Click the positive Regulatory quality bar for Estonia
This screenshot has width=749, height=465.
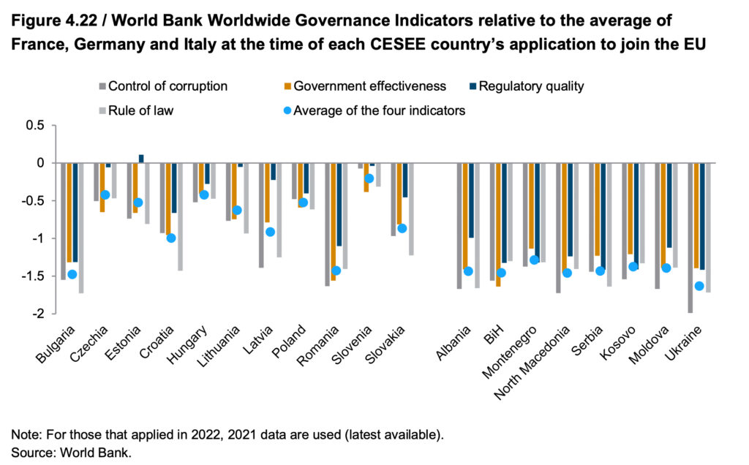(141, 159)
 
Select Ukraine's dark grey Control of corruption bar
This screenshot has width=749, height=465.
(690, 238)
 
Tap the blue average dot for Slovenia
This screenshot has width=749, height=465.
(369, 178)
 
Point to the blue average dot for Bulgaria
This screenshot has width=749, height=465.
(72, 274)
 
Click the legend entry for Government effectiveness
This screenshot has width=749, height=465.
(369, 86)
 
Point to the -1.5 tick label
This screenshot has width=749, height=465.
(33, 276)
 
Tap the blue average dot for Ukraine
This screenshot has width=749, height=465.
(699, 286)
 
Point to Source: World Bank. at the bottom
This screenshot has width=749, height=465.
(70, 452)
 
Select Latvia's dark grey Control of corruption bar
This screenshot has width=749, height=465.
(262, 215)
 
